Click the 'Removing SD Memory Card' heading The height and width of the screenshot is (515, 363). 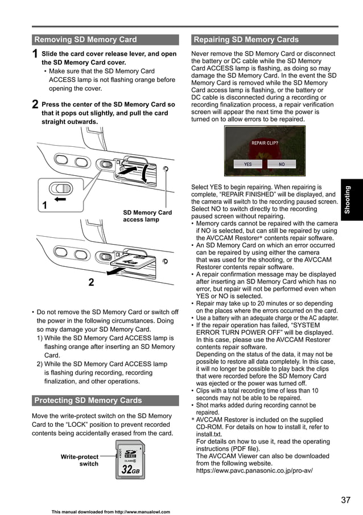click(85, 40)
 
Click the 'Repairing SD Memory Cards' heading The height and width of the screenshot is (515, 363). click(246, 40)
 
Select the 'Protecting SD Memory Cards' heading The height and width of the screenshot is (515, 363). click(88, 400)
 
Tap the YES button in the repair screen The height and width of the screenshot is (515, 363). click(248, 164)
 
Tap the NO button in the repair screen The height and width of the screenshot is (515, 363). click(281, 164)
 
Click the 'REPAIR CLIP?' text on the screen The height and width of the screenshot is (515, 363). click(265, 143)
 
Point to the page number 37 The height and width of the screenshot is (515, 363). click(345, 500)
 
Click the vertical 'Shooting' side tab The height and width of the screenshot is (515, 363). click(348, 199)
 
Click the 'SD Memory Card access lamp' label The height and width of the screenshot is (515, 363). click(147, 216)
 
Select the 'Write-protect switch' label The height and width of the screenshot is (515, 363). click(80, 460)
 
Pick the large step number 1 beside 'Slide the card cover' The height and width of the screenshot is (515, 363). click(35, 55)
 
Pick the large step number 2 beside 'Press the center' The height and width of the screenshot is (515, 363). click(35, 105)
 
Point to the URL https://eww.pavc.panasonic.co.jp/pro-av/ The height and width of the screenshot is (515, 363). click(254, 471)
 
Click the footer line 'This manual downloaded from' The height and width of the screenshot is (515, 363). click(110, 512)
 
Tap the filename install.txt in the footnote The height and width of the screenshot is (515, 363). click(209, 434)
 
